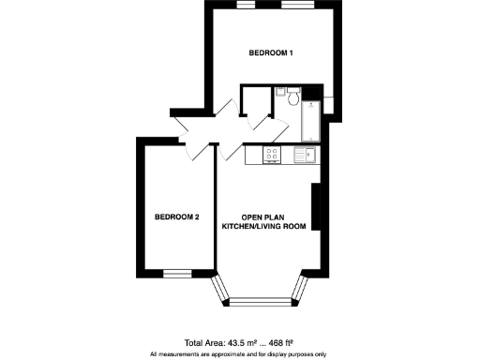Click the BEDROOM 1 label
click(271, 52)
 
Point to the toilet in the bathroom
click(294, 97)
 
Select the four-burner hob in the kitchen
click(273, 154)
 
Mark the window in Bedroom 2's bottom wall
click(176, 274)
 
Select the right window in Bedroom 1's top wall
click(295, 4)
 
